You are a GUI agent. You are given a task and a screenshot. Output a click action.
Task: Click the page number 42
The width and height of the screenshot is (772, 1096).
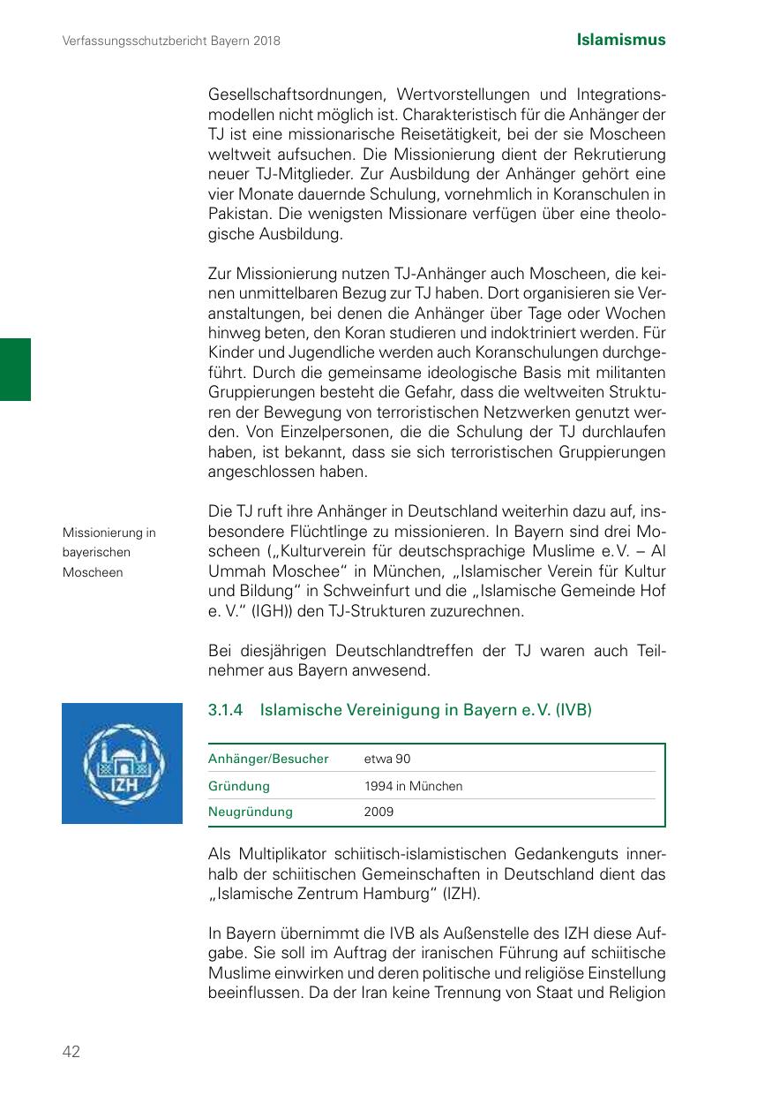[x=71, y=1051]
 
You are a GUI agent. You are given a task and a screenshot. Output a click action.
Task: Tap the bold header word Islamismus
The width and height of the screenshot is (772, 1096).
[x=621, y=40]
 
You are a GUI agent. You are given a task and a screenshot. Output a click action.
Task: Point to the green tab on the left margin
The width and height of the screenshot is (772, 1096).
[x=15, y=369]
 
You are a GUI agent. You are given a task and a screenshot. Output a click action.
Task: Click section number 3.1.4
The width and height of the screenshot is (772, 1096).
[x=227, y=710]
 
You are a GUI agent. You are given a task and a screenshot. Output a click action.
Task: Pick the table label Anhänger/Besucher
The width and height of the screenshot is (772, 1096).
[x=268, y=759]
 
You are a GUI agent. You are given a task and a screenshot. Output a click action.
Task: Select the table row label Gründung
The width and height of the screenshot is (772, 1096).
[x=239, y=785]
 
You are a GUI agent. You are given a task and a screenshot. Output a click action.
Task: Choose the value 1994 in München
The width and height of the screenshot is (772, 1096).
[x=413, y=785]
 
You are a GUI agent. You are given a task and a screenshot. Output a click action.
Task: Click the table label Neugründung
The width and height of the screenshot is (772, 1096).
[x=251, y=811]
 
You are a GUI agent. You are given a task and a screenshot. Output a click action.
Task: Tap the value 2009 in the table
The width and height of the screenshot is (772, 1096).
[x=379, y=811]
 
